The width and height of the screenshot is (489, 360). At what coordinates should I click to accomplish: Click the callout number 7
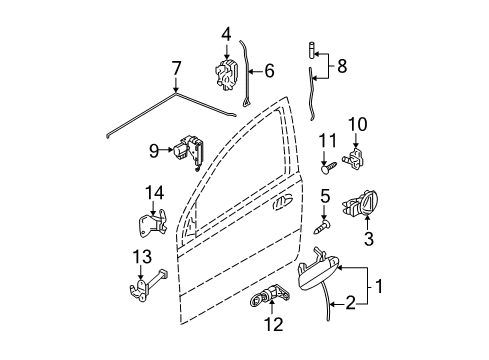click(x=177, y=69)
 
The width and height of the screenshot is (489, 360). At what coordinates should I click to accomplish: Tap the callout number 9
click(x=154, y=151)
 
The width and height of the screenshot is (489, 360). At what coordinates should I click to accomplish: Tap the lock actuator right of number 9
click(x=192, y=150)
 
